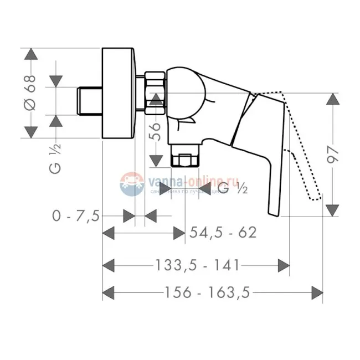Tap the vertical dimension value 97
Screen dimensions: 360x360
pos(332,155)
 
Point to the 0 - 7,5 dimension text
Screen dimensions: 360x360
pos(76,216)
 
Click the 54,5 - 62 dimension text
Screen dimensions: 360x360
pos(223,233)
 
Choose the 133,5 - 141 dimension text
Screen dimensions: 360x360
pos(196,265)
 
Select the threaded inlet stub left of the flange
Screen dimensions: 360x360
pos(89,100)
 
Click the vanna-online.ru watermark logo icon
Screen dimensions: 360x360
pos(132,183)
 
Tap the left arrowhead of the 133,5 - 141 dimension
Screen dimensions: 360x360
pos(109,265)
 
